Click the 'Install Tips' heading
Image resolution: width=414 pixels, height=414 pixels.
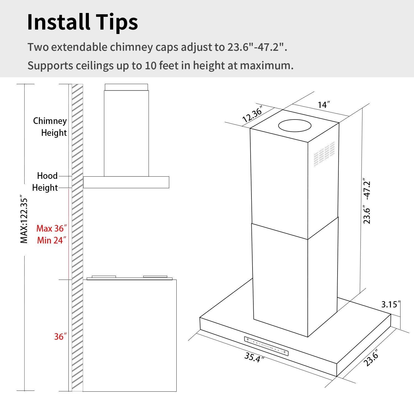pyautogui.click(x=82, y=22)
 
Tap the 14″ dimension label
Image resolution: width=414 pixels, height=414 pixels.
pyautogui.click(x=323, y=105)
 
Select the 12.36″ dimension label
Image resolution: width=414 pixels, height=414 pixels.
pyautogui.click(x=252, y=114)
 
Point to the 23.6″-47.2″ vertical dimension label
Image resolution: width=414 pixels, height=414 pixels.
pyautogui.click(x=367, y=201)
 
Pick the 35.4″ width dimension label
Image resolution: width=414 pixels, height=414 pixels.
pyautogui.click(x=254, y=357)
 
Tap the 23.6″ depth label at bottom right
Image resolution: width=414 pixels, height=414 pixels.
pyautogui.click(x=371, y=358)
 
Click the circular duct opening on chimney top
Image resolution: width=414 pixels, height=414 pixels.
pyautogui.click(x=294, y=126)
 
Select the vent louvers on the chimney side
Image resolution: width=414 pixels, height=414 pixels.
pyautogui.click(x=324, y=154)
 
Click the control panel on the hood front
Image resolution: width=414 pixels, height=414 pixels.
pyautogui.click(x=266, y=346)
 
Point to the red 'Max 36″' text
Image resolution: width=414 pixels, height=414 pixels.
pyautogui.click(x=51, y=229)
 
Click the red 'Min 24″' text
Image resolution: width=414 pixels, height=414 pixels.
pyautogui.click(x=51, y=240)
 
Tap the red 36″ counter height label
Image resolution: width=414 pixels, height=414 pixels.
pyautogui.click(x=60, y=336)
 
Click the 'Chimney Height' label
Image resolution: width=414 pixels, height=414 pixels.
pyautogui.click(x=50, y=127)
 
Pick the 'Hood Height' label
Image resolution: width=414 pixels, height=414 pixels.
pyautogui.click(x=45, y=182)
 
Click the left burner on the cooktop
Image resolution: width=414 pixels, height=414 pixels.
pyautogui.click(x=104, y=277)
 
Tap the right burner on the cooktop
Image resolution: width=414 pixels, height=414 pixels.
pyautogui.click(x=155, y=277)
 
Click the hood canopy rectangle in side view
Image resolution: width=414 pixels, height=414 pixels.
pyautogui.click(x=126, y=182)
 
